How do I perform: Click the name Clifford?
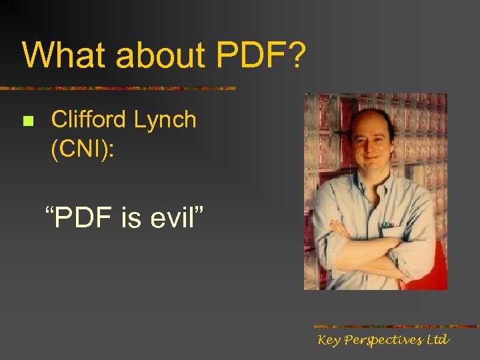(x=89, y=119)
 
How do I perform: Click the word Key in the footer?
(x=330, y=341)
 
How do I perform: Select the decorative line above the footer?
(x=396, y=327)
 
